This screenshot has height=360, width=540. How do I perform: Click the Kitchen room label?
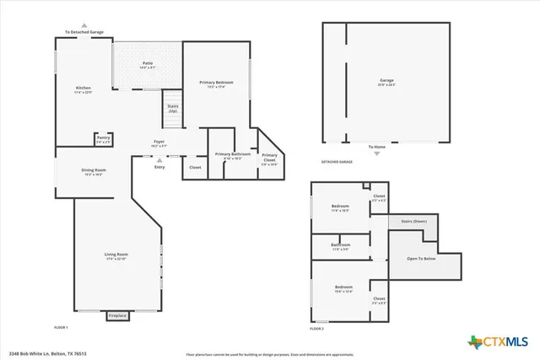83,89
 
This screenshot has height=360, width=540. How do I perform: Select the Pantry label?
103,139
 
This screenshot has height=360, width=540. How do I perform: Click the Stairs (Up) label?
172,109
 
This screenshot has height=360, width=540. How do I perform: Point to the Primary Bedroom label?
216,83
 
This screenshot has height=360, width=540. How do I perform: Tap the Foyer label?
159,142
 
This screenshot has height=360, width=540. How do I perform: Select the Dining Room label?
94,171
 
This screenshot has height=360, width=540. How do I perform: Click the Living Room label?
116,255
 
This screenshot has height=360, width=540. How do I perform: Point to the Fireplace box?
117,315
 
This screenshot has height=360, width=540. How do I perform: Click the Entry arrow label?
159,167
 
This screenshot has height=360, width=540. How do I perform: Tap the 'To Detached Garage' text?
84,32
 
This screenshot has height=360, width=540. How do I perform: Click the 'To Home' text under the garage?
376,147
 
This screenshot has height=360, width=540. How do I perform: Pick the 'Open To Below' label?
421,258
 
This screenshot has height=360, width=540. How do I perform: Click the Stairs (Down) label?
413,221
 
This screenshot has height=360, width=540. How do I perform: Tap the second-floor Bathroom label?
341,246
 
